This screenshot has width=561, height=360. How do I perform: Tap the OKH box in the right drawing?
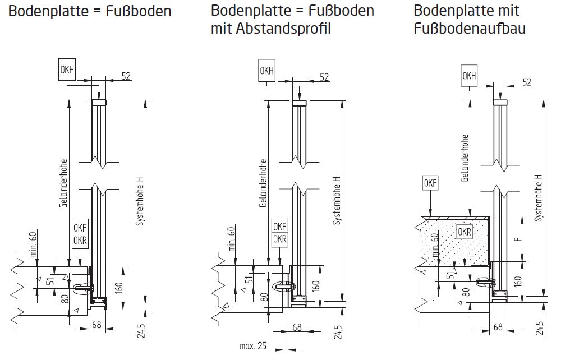(468, 76)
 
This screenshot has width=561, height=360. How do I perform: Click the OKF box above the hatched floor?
(430, 183)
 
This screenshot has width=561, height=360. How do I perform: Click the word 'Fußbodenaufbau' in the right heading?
(470, 28)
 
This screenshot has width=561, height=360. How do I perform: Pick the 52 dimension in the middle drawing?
(324, 76)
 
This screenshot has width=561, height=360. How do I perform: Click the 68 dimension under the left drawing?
(96, 324)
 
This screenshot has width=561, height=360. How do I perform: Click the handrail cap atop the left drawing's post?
(99, 103)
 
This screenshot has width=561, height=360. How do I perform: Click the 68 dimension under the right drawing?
(497, 327)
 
